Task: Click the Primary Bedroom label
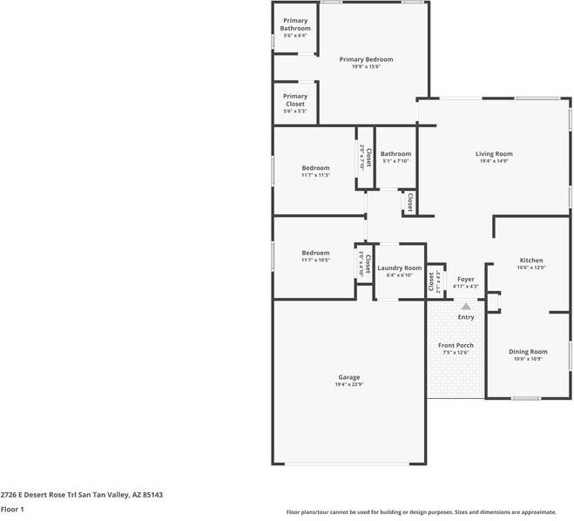click(x=366, y=59)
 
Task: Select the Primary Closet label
click(x=295, y=100)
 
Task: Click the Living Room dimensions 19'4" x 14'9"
click(x=494, y=161)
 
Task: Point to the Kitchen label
click(x=531, y=260)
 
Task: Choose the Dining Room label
click(x=528, y=351)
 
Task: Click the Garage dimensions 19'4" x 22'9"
click(x=348, y=385)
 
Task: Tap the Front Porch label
click(x=456, y=345)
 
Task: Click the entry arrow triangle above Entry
click(x=466, y=307)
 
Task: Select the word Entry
click(x=466, y=317)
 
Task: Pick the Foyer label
click(x=466, y=279)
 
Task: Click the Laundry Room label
click(x=400, y=268)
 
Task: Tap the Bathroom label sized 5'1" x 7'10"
click(x=395, y=154)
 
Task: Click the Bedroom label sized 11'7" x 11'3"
click(x=315, y=168)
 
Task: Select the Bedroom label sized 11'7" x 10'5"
click(x=315, y=253)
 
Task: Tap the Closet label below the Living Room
click(x=409, y=202)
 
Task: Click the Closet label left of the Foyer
click(x=431, y=281)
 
